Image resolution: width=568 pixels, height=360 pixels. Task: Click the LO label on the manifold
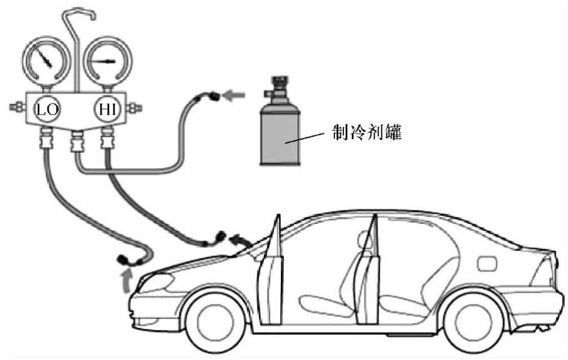46,108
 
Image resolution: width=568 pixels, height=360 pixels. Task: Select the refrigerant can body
280,135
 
